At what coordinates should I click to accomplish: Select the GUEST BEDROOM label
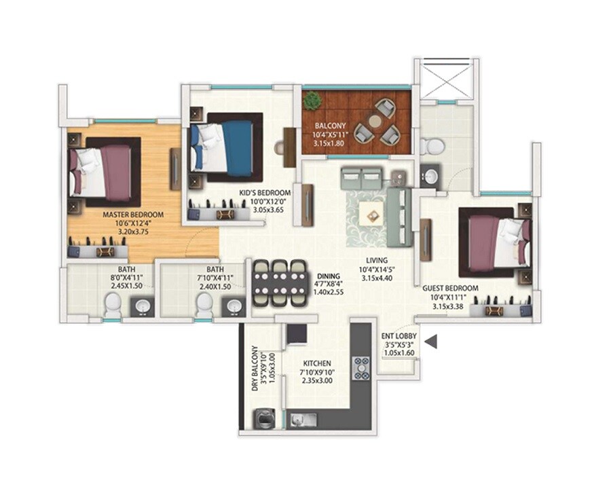(x=451, y=288)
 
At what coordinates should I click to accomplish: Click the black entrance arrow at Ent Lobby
(x=430, y=342)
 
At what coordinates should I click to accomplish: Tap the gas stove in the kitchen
(x=360, y=367)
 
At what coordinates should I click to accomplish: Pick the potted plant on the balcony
(x=312, y=101)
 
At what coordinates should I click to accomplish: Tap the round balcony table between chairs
(x=375, y=121)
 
